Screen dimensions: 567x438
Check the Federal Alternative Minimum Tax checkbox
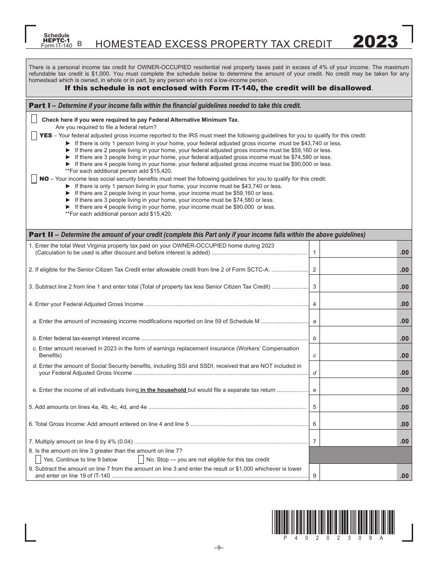point(34,119)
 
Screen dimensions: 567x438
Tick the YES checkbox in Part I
point(34,136)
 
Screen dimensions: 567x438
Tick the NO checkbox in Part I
point(34,179)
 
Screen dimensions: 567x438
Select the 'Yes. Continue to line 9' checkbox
point(38,459)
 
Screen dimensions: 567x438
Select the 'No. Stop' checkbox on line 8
point(141,459)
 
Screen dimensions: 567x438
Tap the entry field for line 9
point(358,472)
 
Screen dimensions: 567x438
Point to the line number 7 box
point(314,442)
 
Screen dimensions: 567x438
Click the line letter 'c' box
point(314,355)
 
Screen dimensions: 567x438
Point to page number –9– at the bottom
point(219,547)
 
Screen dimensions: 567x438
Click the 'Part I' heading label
point(40,105)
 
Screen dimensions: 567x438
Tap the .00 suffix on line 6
point(404,424)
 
